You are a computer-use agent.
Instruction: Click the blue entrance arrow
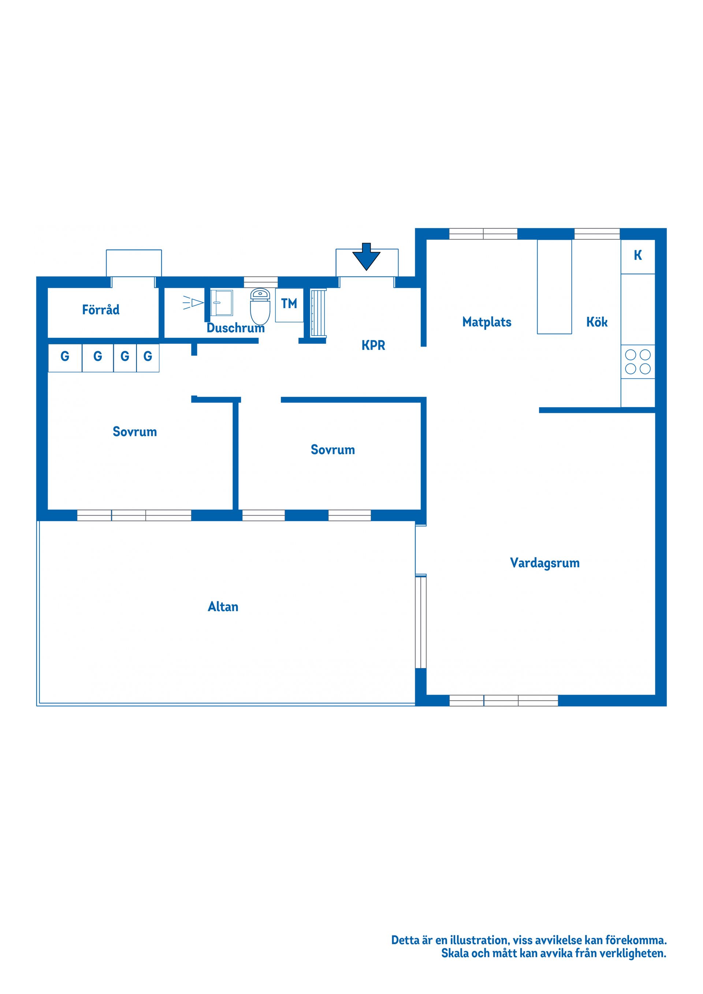click(x=366, y=256)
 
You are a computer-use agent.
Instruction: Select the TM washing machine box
click(x=289, y=305)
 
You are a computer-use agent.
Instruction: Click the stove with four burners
click(x=637, y=362)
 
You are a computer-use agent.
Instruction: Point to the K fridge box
click(x=637, y=256)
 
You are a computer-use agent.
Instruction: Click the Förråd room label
click(x=101, y=310)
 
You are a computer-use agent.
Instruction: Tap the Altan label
click(x=223, y=606)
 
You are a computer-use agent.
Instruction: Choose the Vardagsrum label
click(x=544, y=563)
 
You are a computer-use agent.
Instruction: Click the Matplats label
click(x=487, y=322)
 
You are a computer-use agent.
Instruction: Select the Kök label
click(x=597, y=322)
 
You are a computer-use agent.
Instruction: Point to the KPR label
click(x=373, y=345)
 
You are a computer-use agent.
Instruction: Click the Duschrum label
click(x=236, y=328)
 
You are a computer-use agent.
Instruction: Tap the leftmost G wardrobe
click(x=65, y=358)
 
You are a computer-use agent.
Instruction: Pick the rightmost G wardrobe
click(x=148, y=358)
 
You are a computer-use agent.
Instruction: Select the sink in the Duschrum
click(x=222, y=303)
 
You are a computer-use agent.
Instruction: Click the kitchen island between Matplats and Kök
click(x=554, y=287)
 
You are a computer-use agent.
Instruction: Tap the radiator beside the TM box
click(x=319, y=313)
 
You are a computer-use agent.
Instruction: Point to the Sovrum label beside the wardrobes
click(x=135, y=431)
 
